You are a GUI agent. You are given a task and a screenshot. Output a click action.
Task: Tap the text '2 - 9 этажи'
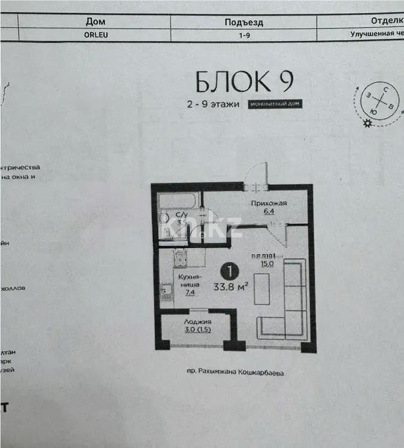tap(212, 104)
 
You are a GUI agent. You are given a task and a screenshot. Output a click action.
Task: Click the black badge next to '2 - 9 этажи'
tap(276, 104)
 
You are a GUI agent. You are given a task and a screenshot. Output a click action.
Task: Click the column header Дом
tap(96, 22)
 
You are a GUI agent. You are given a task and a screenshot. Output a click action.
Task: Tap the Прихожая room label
tap(268, 203)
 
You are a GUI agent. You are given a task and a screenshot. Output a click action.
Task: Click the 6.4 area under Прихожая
tap(268, 211)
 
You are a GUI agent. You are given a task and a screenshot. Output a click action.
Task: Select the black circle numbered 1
tap(228, 272)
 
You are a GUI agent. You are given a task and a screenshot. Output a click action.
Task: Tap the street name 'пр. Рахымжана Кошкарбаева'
tap(235, 372)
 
